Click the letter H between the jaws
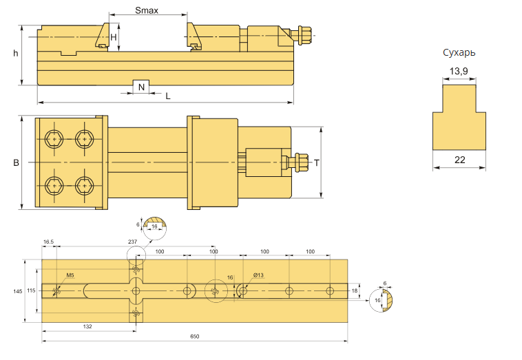click(114, 37)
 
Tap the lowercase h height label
click(15, 54)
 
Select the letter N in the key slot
click(141, 87)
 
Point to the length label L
click(168, 96)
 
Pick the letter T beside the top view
click(317, 163)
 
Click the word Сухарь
click(459, 52)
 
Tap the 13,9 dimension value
click(459, 71)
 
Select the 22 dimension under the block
click(460, 160)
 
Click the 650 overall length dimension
click(194, 337)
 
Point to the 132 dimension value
click(87, 326)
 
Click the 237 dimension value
click(132, 242)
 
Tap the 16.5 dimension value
click(48, 242)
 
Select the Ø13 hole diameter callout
click(258, 275)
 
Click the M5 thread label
click(70, 275)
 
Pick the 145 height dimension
click(17, 291)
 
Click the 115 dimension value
click(31, 291)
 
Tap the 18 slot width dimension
click(355, 291)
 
